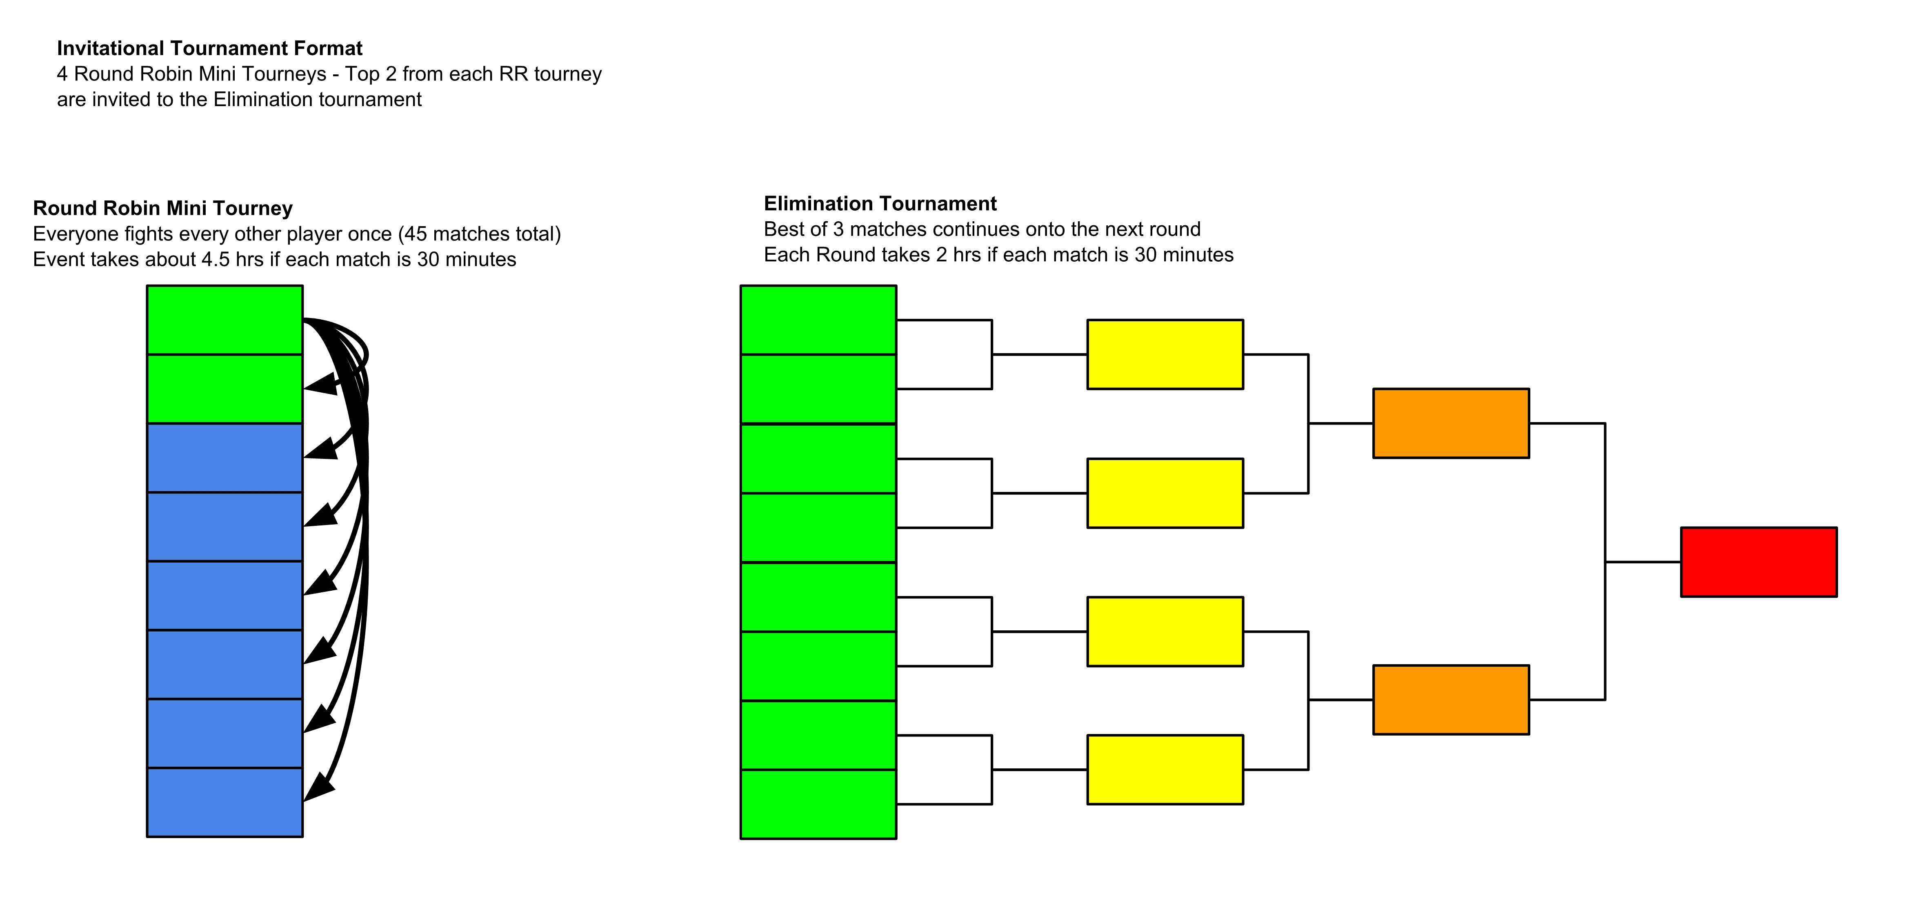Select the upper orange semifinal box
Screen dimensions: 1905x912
tap(1451, 423)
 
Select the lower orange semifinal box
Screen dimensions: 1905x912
tap(1451, 700)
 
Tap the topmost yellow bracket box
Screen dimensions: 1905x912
tap(1165, 354)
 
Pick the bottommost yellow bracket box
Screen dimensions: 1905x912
tap(1165, 769)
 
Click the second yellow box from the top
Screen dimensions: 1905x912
tap(1165, 493)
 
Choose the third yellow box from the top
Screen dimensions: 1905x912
tap(1165, 631)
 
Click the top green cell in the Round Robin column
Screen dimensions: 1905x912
tap(225, 320)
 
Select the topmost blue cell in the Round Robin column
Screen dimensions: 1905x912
tap(225, 458)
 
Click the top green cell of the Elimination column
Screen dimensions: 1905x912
tap(819, 320)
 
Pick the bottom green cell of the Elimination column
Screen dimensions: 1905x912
tap(819, 804)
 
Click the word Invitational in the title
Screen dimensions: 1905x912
tap(111, 48)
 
